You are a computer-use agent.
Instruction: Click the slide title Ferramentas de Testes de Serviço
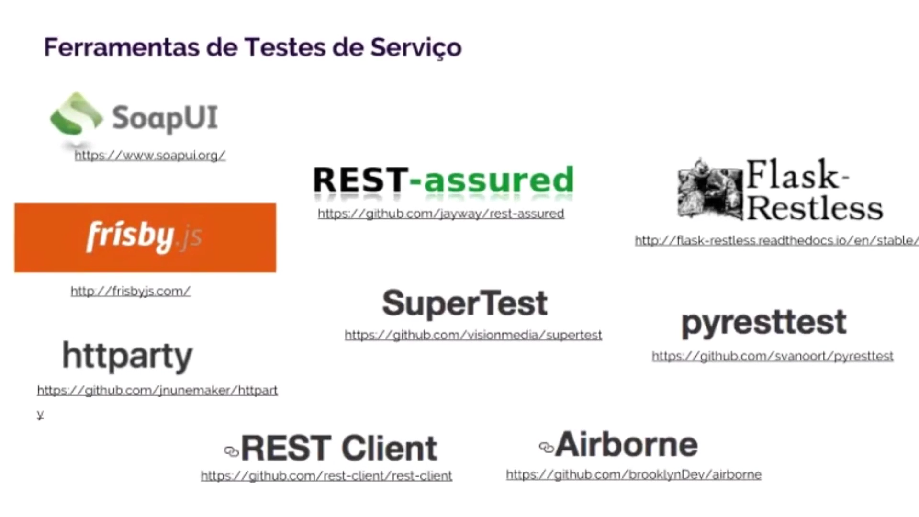253,48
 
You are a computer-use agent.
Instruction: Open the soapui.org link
150,156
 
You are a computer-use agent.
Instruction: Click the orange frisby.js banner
145,238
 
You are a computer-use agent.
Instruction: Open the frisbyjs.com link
130,291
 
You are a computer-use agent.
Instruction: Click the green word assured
498,180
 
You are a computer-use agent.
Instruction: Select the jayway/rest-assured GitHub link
441,214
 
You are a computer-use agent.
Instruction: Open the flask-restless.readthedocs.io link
776,240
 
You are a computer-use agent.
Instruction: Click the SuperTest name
465,303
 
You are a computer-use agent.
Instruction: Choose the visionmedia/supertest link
473,335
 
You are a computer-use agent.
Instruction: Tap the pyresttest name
764,324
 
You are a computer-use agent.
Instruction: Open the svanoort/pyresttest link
773,356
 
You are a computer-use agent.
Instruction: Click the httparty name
127,357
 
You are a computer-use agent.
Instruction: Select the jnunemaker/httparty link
157,391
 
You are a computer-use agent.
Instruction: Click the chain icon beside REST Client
231,451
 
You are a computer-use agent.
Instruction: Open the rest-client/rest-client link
326,476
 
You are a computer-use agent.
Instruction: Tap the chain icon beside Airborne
546,447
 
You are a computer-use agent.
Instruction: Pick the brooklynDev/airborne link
634,475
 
